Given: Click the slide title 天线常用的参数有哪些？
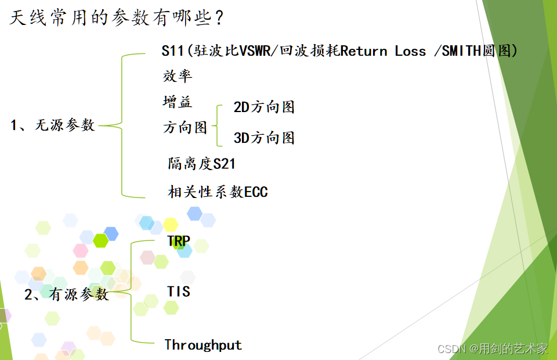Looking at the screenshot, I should pyautogui.click(x=117, y=18).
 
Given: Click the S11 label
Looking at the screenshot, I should pyautogui.click(x=172, y=51).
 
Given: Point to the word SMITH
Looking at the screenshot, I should pyautogui.click(x=461, y=51).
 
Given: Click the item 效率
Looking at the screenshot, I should pyautogui.click(x=177, y=76).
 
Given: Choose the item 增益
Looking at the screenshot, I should pyautogui.click(x=177, y=102).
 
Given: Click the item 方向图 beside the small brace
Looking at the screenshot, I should pyautogui.click(x=185, y=128).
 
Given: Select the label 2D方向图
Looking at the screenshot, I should pyautogui.click(x=264, y=107).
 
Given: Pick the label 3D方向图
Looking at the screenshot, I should pyautogui.click(x=264, y=138).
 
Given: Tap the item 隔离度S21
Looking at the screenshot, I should pyautogui.click(x=201, y=164).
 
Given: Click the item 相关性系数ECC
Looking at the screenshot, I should pyautogui.click(x=218, y=192).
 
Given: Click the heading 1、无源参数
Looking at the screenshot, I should pyautogui.click(x=53, y=125).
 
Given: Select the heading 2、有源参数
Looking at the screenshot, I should pyautogui.click(x=67, y=294).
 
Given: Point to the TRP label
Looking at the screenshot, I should pyautogui.click(x=179, y=241).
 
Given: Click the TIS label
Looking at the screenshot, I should pyautogui.click(x=178, y=291).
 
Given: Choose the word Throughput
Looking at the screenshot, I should pyautogui.click(x=203, y=345).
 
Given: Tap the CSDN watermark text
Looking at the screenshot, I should pyautogui.click(x=493, y=348).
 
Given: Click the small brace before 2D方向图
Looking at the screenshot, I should pyautogui.click(x=217, y=125).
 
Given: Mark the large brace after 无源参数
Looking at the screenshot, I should pyautogui.click(x=122, y=125).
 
